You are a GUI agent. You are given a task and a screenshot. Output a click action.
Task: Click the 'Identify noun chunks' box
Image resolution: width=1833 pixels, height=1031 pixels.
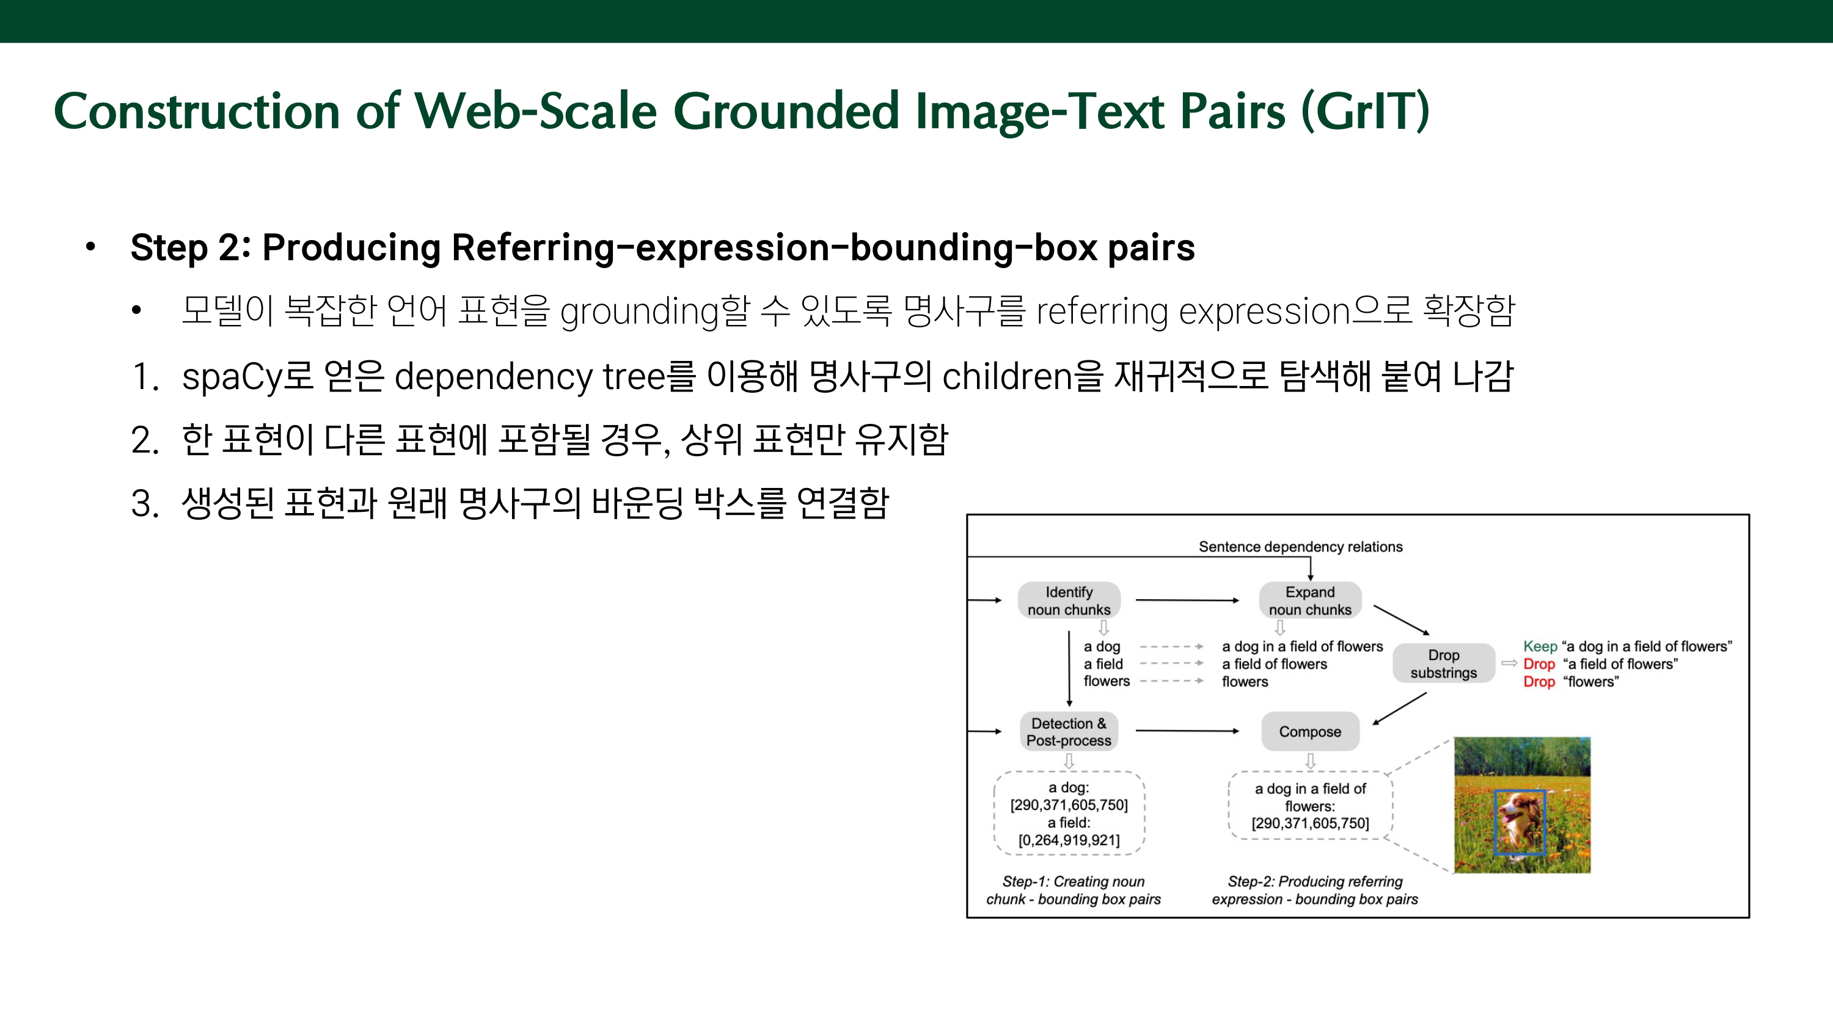(x=1069, y=600)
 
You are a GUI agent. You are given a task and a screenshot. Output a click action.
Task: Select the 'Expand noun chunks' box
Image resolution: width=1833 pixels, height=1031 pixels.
(x=1310, y=600)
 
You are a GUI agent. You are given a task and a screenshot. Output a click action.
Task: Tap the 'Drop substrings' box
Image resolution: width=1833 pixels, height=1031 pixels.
(x=1443, y=663)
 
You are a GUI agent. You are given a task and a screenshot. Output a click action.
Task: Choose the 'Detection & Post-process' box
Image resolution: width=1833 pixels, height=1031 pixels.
(x=1069, y=732)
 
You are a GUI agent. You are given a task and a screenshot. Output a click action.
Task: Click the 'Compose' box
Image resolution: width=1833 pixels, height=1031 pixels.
(x=1310, y=732)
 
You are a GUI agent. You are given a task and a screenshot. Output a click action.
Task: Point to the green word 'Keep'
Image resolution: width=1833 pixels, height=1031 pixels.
(x=1540, y=646)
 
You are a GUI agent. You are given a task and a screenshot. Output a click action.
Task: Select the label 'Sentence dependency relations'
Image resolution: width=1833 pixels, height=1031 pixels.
(x=1300, y=547)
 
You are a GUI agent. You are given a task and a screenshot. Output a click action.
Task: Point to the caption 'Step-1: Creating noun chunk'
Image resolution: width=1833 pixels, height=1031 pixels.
(x=1073, y=890)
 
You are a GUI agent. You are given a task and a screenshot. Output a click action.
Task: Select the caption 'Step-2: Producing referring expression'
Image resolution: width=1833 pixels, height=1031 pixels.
(x=1315, y=890)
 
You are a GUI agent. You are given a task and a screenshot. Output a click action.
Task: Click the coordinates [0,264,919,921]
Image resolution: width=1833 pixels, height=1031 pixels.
(x=1069, y=840)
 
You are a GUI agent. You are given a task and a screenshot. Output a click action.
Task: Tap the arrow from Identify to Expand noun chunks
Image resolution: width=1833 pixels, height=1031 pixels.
(x=1187, y=600)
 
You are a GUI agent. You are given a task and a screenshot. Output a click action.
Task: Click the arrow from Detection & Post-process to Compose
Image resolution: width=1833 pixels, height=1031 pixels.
(x=1187, y=730)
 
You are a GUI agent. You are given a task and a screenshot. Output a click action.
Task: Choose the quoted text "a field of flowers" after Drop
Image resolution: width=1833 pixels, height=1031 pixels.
(x=1620, y=664)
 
